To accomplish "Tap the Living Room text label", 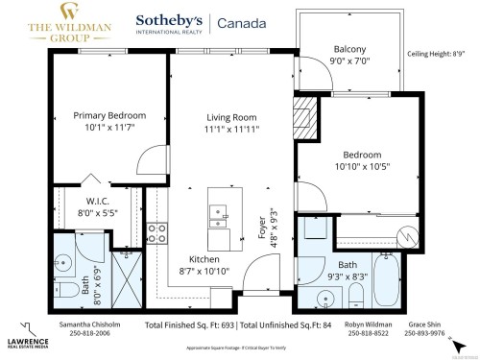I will (228, 118).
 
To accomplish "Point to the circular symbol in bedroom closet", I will (409, 232).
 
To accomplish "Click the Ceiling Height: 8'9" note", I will (441, 55).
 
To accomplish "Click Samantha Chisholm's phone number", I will (86, 335).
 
